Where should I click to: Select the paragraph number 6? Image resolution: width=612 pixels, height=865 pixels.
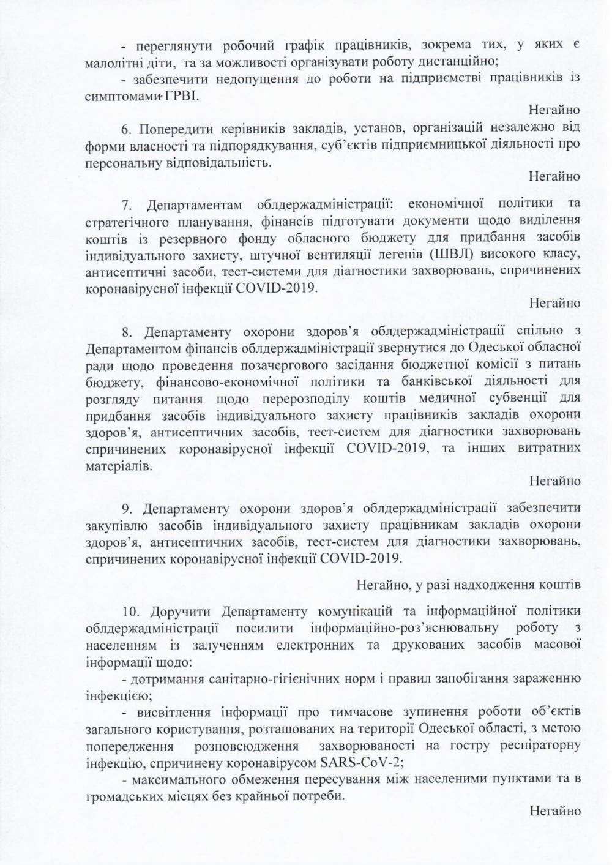[127, 129]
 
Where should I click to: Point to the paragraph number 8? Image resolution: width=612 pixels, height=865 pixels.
[127, 332]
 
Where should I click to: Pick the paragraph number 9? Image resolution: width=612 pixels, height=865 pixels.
[127, 509]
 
